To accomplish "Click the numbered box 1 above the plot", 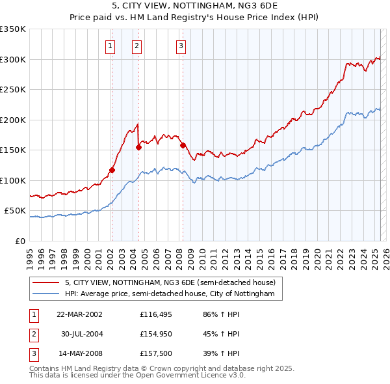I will (x=110, y=46).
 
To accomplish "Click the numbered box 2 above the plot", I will (x=138, y=46).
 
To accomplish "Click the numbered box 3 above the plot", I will (x=181, y=46).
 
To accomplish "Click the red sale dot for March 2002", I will (x=112, y=171).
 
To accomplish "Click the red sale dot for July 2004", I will (x=138, y=147).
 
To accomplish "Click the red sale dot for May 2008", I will (x=183, y=146).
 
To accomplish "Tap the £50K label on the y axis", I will (x=15, y=211).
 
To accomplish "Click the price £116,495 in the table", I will (x=154, y=314).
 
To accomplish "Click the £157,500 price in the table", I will (x=154, y=355).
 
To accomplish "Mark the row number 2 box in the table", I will (x=33, y=335).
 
